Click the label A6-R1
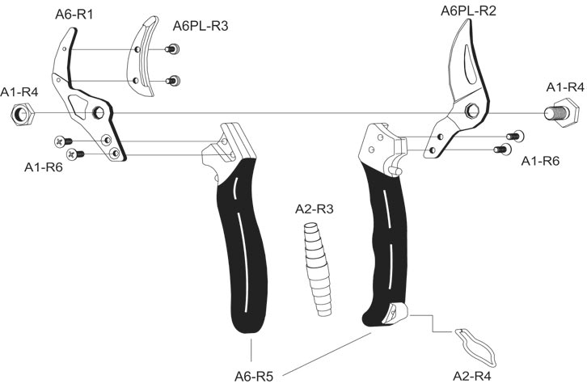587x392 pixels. tap(74, 15)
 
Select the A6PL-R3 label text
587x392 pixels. tap(201, 26)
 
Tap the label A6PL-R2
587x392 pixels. tap(468, 11)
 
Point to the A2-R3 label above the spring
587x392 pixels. tap(314, 209)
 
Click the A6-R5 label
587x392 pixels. tap(254, 377)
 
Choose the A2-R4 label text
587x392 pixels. tap(471, 376)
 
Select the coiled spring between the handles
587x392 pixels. tap(318, 269)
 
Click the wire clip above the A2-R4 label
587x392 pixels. tap(475, 348)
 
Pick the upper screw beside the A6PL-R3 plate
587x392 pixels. tap(172, 49)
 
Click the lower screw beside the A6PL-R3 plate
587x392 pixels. tap(172, 81)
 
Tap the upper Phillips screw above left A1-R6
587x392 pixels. tap(63, 141)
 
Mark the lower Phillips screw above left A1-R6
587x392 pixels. tap(75, 154)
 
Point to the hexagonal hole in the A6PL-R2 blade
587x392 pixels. tap(472, 111)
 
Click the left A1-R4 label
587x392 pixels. tap(19, 92)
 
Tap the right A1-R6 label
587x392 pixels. tap(540, 161)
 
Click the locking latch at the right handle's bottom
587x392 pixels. tap(395, 314)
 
